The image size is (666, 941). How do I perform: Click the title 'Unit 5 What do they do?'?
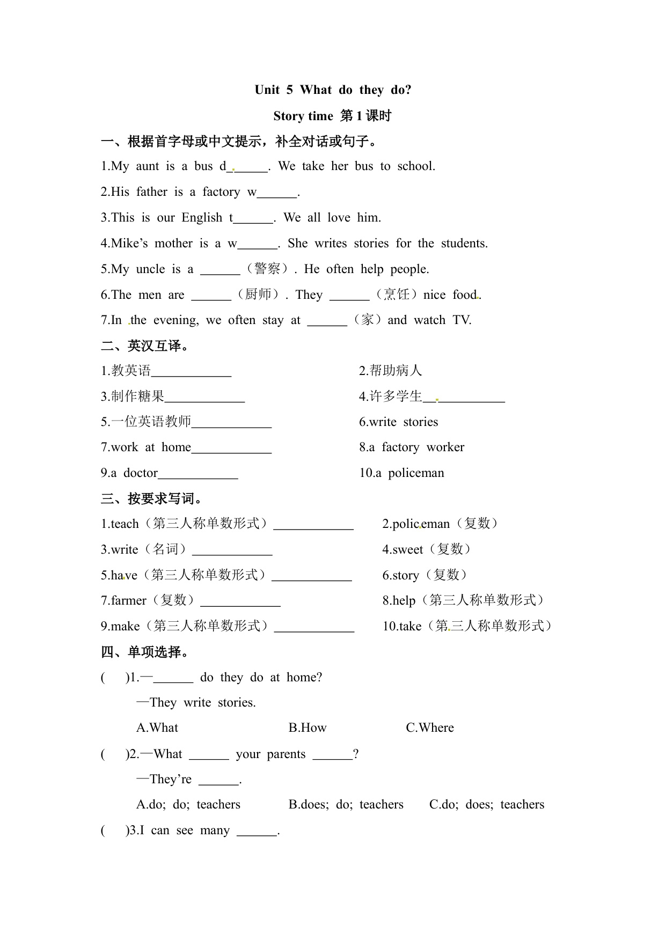[x=333, y=90]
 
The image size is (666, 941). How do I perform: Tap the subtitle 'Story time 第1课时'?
[x=332, y=116]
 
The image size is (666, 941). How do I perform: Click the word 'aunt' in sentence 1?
[x=147, y=166]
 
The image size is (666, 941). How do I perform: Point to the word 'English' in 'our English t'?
[x=202, y=218]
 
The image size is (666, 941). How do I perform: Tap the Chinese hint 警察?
[x=267, y=269]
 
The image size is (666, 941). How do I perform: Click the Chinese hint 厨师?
[x=258, y=295]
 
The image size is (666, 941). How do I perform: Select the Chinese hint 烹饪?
[x=397, y=295]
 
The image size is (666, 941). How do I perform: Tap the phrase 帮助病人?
[x=396, y=371]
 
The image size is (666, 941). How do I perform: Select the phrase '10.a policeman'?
[x=401, y=473]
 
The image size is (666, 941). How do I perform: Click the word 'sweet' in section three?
[x=408, y=549]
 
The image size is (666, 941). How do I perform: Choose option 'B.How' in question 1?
[x=308, y=728]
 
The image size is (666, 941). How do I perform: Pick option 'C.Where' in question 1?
[x=429, y=728]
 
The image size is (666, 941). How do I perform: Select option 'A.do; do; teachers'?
[x=188, y=805]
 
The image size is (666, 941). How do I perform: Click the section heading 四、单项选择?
[x=144, y=652]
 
